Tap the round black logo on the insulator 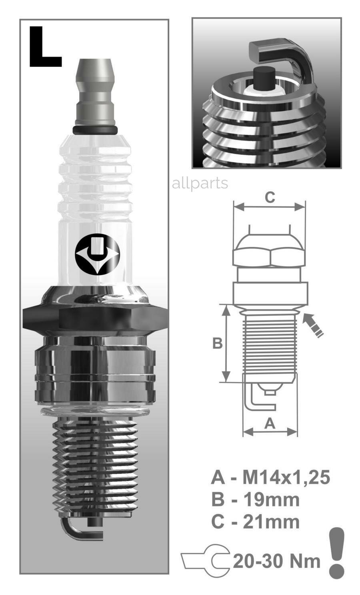(97, 254)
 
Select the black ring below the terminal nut (95, 130)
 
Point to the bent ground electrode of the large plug (77, 531)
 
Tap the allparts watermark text (200, 184)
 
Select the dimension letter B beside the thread (218, 343)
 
